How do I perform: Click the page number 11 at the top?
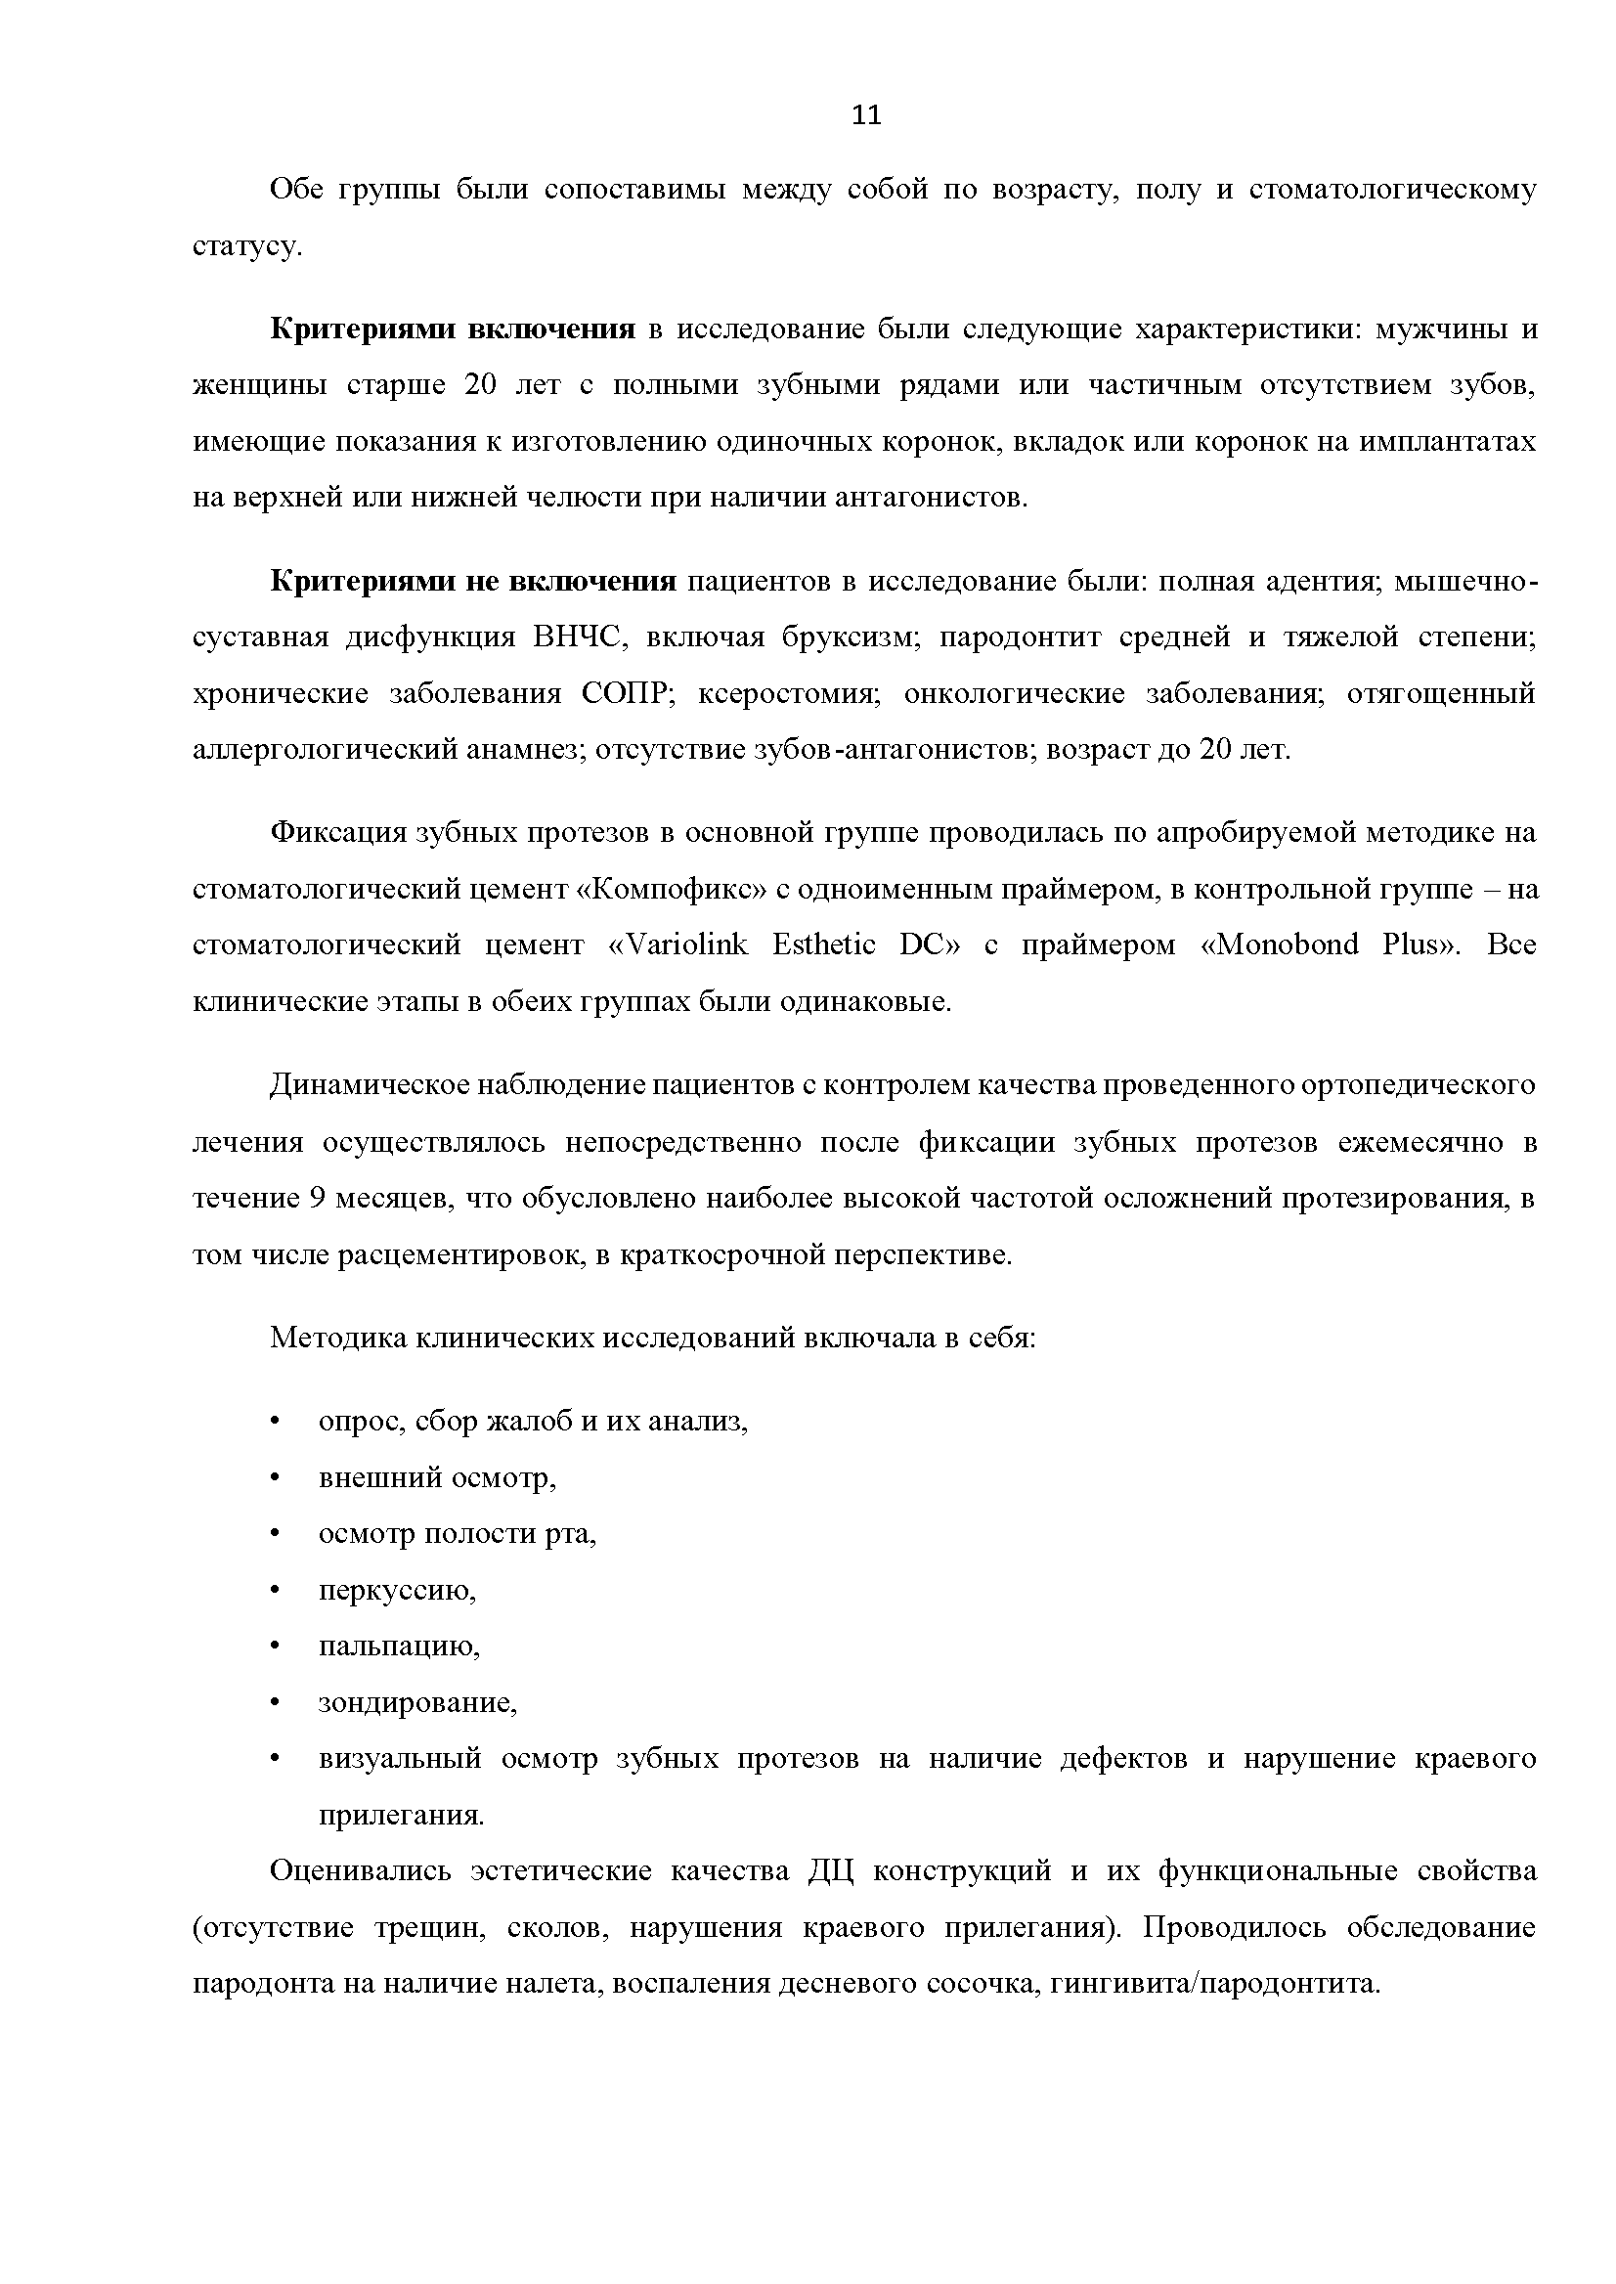click(867, 116)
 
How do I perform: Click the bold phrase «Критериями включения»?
click(453, 329)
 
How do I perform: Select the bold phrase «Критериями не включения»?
click(472, 581)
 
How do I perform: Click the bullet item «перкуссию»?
click(397, 1591)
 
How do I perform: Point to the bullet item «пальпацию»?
click(399, 1647)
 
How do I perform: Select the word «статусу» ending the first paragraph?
click(245, 246)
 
